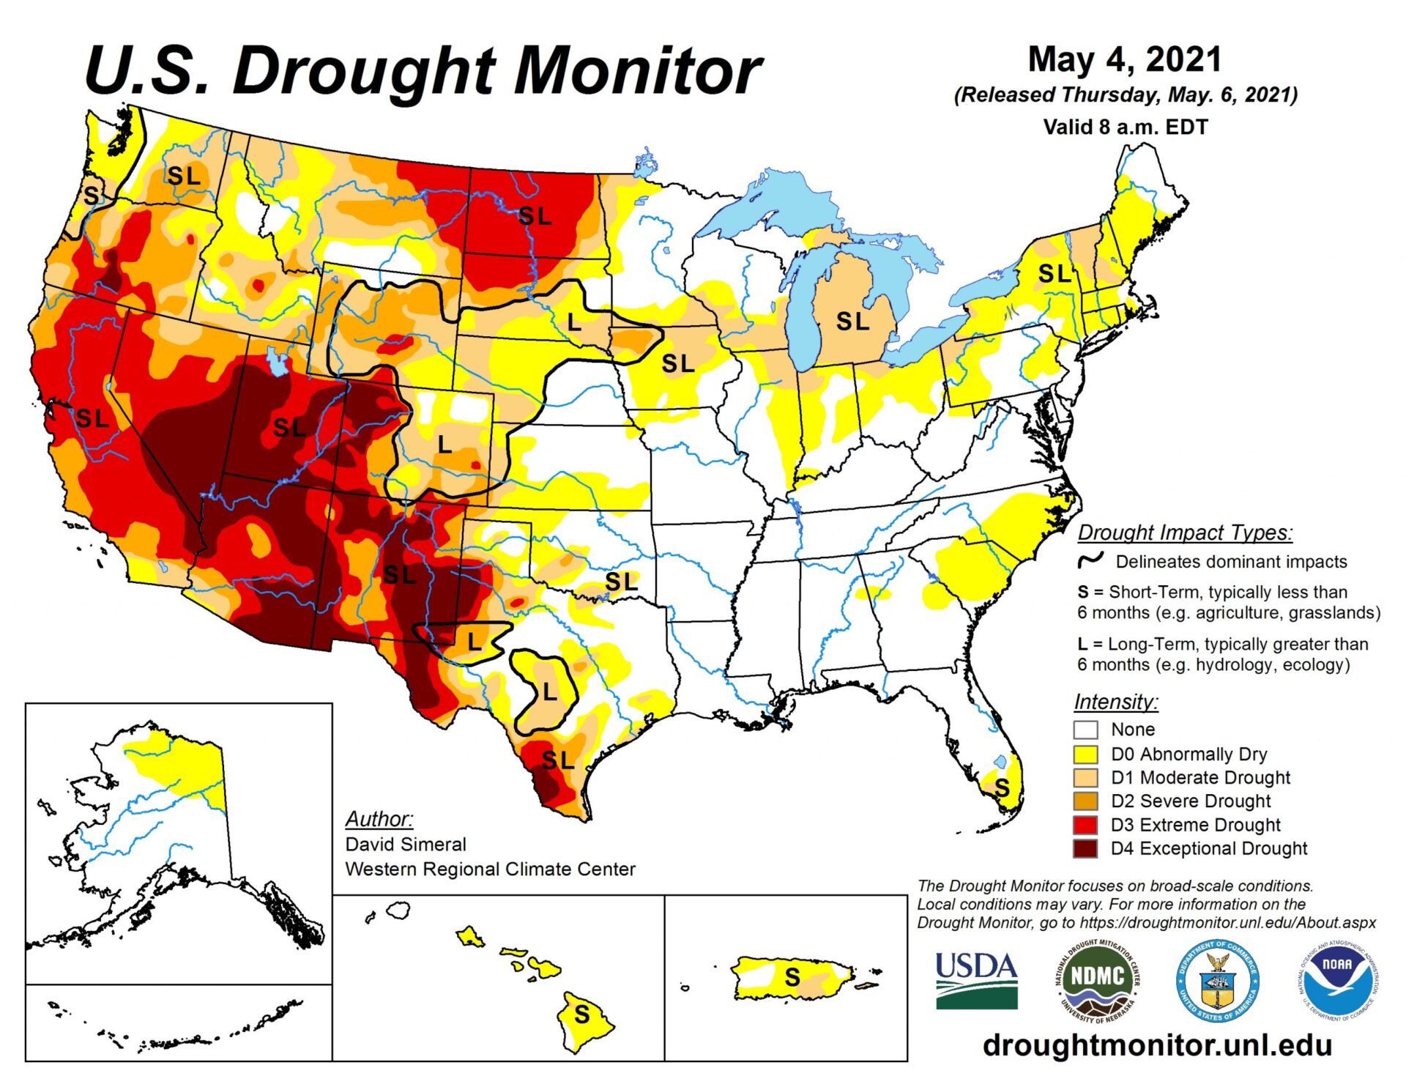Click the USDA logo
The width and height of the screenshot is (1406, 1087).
976,981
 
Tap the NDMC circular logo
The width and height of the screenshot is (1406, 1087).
1097,981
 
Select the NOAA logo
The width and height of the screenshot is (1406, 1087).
1336,979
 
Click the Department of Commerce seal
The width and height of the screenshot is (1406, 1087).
1217,981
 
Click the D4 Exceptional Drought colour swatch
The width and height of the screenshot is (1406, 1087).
1085,848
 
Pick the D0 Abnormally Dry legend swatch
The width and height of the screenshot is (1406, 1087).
1085,754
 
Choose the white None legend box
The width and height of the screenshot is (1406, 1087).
1085,730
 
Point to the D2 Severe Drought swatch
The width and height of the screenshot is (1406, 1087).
1085,801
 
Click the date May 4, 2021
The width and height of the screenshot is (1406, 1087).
1125,59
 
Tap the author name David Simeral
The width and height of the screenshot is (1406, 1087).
405,844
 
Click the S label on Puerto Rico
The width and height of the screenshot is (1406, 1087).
792,976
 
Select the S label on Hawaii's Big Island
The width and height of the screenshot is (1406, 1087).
582,1014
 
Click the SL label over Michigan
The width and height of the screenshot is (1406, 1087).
852,321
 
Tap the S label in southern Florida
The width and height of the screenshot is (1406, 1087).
1002,789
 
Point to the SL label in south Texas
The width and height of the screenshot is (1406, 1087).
558,760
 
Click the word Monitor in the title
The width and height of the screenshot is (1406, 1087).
637,71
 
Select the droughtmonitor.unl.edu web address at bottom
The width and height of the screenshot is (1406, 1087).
1156,1045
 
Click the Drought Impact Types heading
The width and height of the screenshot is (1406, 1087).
1184,533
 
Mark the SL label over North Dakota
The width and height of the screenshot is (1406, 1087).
535,216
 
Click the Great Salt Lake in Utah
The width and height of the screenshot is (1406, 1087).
277,360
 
